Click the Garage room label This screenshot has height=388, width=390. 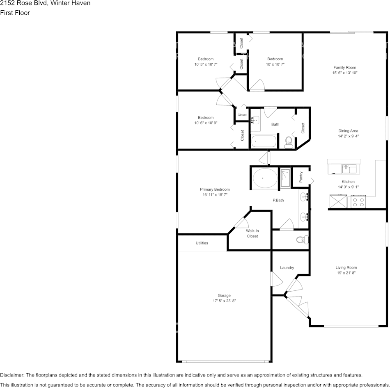click(224, 295)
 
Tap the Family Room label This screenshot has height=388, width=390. click(344, 68)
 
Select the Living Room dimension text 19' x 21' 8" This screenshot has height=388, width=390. click(346, 273)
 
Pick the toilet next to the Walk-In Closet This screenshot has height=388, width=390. click(301, 240)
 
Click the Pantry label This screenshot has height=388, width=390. click(301, 177)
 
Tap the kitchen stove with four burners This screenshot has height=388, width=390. click(358, 202)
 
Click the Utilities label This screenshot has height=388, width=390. click(202, 243)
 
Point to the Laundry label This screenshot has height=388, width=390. click(287, 268)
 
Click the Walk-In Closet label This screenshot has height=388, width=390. click(252, 233)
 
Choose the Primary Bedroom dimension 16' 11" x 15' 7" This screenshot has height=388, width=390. click(214, 195)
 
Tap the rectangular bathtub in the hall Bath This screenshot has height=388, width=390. click(264, 142)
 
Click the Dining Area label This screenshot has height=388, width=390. click(348, 131)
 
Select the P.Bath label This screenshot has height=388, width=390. click(279, 201)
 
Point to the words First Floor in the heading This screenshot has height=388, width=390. click(15, 13)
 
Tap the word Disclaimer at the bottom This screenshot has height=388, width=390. click(12, 375)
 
